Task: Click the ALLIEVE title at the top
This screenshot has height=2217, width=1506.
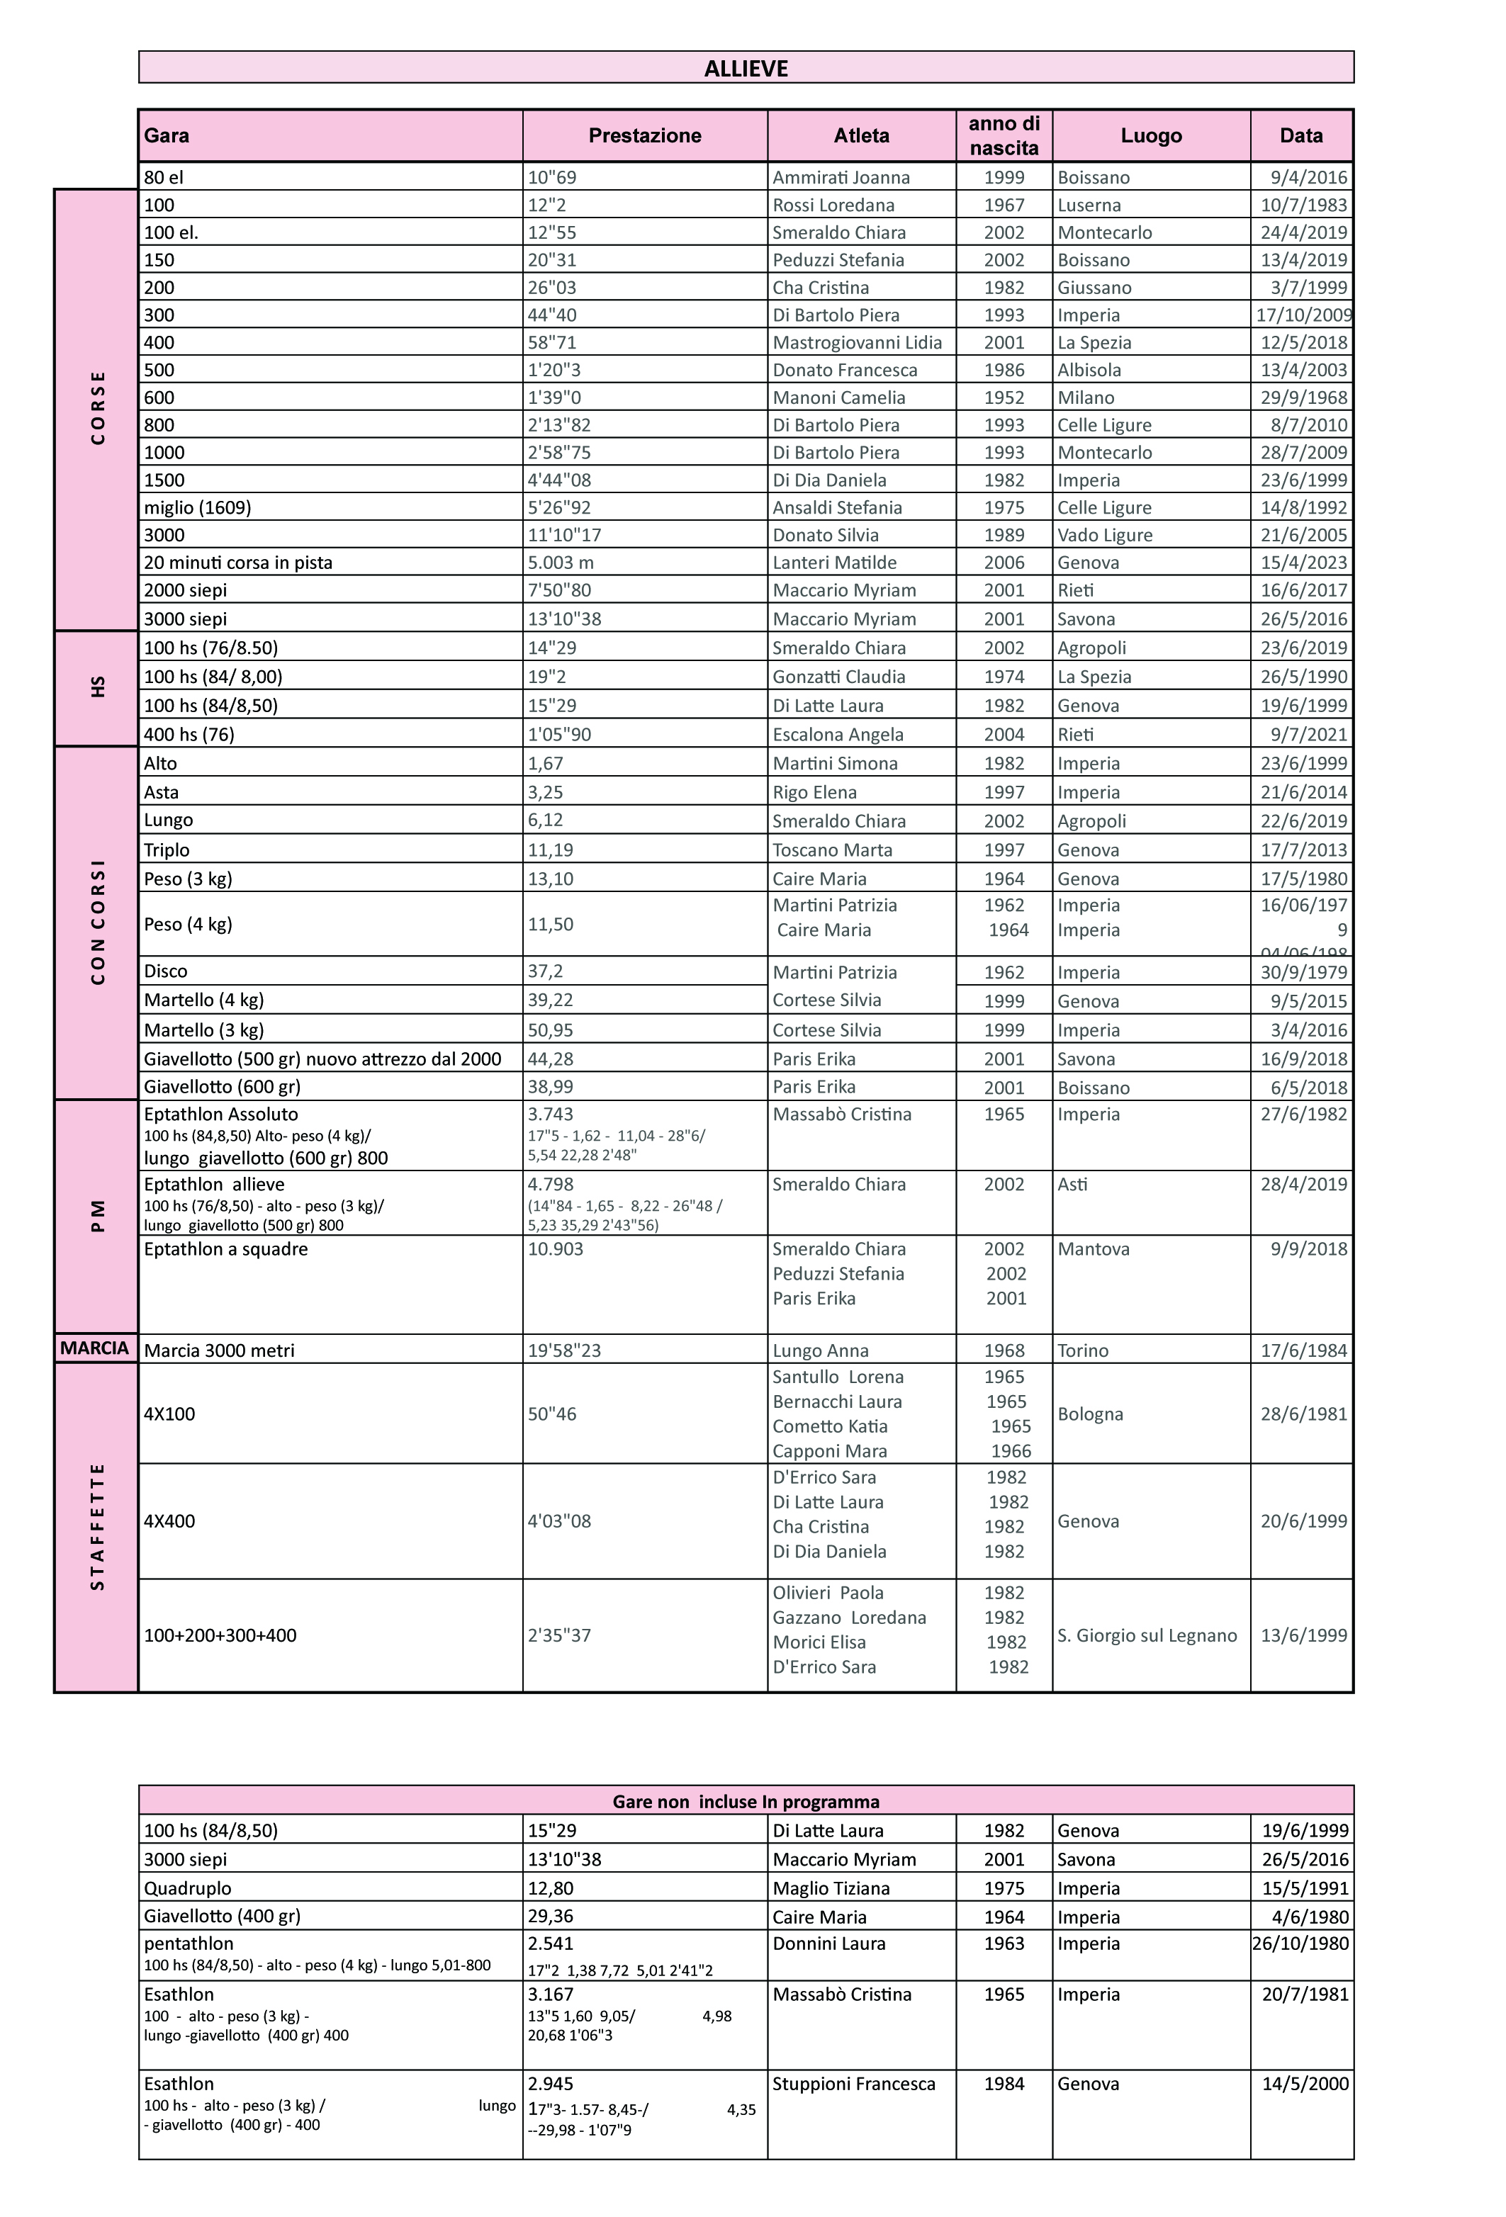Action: tap(746, 69)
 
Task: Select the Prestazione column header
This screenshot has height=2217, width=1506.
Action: tap(644, 135)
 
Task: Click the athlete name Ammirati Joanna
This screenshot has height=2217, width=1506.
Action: tap(841, 177)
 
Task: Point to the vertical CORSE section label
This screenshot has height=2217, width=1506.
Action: tap(97, 408)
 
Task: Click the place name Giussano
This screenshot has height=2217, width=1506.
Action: tap(1094, 287)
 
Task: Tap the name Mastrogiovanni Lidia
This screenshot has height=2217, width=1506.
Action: tap(856, 342)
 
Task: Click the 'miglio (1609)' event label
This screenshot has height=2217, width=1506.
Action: tap(196, 507)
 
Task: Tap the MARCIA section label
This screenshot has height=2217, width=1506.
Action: tap(94, 1348)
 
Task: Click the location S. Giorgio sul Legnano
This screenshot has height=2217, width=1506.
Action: tap(1146, 1635)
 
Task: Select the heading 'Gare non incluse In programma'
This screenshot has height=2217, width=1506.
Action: tap(746, 1801)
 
